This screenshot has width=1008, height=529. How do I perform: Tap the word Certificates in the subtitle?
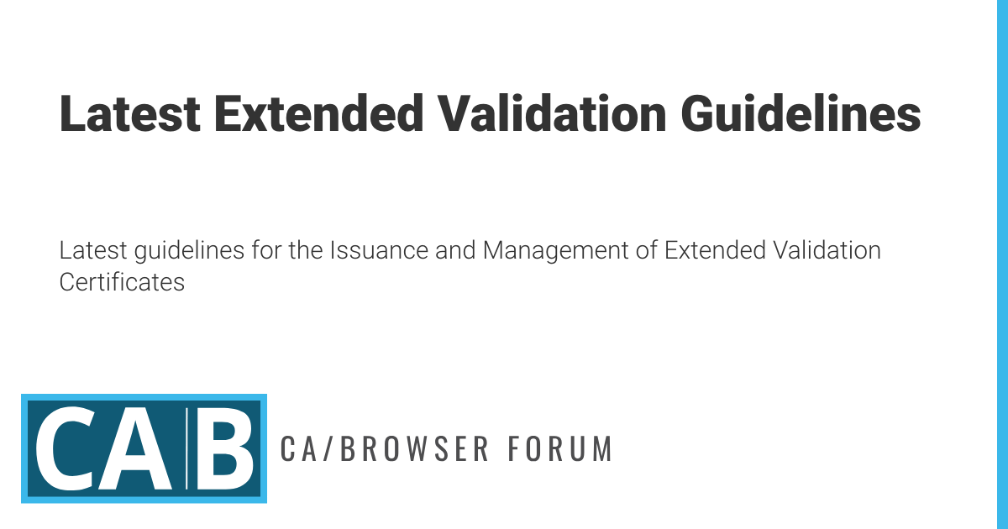122,282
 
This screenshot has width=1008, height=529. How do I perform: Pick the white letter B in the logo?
225,448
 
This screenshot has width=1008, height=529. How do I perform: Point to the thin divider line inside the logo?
187,448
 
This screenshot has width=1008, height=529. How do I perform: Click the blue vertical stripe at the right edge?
1001,264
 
